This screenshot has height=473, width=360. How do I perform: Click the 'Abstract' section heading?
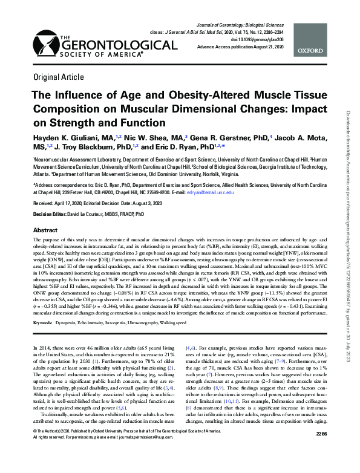(x=45, y=230)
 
